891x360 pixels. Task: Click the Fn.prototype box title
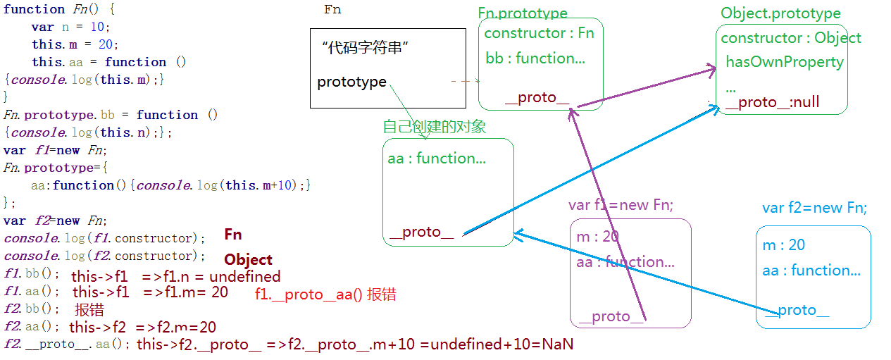[522, 14]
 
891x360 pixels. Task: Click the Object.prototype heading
[780, 14]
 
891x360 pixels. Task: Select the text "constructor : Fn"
[539, 33]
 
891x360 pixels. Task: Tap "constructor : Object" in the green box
[791, 38]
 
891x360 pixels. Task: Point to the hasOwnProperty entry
[785, 62]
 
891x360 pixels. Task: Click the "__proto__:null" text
[772, 102]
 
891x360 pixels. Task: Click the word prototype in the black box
[351, 82]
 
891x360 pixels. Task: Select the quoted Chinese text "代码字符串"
[366, 49]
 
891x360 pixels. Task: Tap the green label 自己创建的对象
[434, 127]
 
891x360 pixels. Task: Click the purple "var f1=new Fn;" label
[621, 205]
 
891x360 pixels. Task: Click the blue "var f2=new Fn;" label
[814, 208]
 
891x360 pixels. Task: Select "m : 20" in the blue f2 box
[783, 245]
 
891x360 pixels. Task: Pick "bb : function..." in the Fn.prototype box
[535, 58]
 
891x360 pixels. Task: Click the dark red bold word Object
[248, 259]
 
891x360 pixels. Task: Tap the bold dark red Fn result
[233, 235]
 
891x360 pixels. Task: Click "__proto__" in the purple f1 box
[611, 316]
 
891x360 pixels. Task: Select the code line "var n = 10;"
[70, 27]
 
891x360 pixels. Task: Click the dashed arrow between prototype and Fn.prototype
[466, 82]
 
